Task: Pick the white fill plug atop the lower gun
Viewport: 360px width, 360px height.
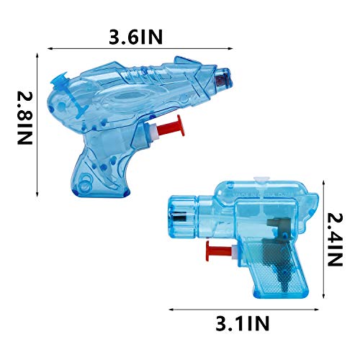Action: coord(264,176)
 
